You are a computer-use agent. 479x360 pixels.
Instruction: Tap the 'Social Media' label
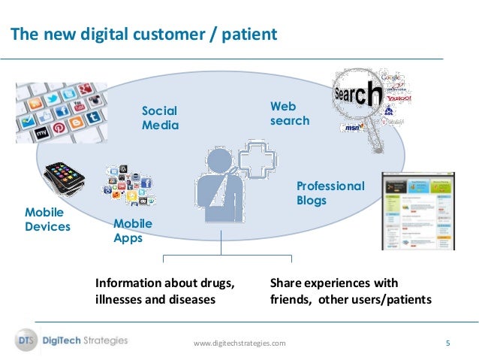pyautogui.click(x=161, y=119)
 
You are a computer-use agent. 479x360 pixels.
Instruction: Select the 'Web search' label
pyautogui.click(x=290, y=114)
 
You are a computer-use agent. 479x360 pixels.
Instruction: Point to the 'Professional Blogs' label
pyautogui.click(x=330, y=192)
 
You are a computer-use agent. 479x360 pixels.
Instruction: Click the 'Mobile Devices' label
pyautogui.click(x=47, y=219)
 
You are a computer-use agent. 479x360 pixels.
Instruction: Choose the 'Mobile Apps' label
pyautogui.click(x=133, y=231)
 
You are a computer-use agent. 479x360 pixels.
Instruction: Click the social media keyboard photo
pyautogui.click(x=62, y=112)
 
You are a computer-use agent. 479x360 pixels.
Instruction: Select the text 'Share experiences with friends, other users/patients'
pyautogui.click(x=351, y=291)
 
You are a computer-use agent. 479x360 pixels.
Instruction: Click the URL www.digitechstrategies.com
pyautogui.click(x=239, y=343)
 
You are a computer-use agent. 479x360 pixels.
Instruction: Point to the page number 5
pyautogui.click(x=447, y=343)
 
